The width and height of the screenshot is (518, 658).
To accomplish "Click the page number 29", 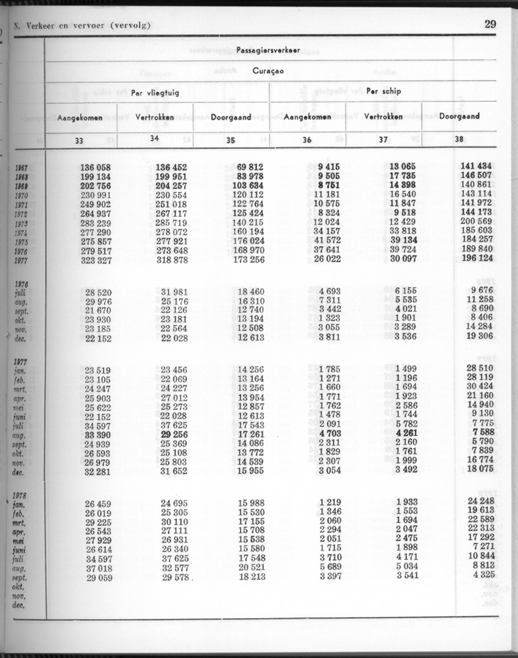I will (x=491, y=24).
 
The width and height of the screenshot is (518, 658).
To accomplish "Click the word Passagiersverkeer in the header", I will (x=269, y=51).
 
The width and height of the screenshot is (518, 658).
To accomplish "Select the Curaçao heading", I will (x=268, y=71).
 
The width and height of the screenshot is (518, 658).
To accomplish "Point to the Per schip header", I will (x=383, y=91).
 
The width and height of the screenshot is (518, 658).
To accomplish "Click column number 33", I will (x=79, y=140).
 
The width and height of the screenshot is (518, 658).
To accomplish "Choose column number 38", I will (x=459, y=140).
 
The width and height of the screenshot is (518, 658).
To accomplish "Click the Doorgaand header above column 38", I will (x=459, y=116).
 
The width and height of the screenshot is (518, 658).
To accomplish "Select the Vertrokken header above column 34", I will (x=155, y=116).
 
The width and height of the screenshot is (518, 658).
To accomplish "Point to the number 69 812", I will (x=249, y=167).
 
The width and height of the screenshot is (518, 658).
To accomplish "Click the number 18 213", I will (x=251, y=576).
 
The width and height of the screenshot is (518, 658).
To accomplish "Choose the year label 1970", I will (x=21, y=196).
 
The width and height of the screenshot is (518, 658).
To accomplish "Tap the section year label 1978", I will (x=20, y=495).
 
